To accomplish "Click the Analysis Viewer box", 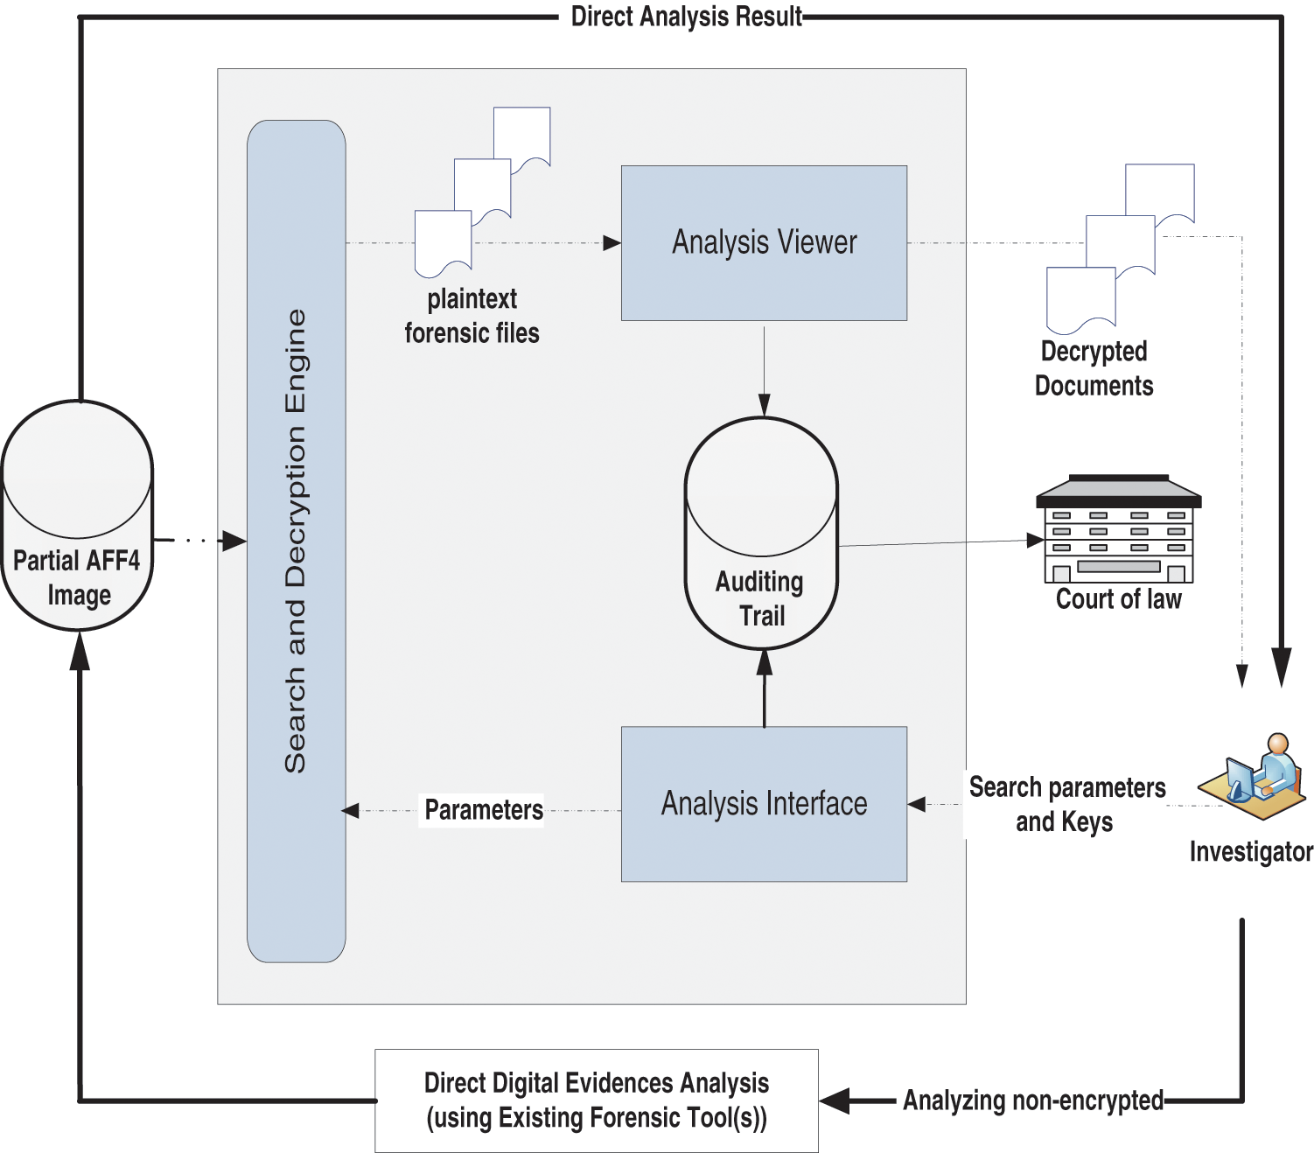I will tap(764, 242).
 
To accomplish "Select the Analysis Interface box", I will tap(764, 803).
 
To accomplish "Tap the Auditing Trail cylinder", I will tap(761, 534).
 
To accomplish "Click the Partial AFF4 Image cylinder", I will tap(78, 515).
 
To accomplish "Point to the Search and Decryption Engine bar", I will tap(297, 541).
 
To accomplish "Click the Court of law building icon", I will tap(1118, 530).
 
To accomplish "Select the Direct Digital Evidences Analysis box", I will tap(597, 1100).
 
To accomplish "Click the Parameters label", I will tap(484, 810).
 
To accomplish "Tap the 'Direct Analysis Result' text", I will tap(687, 17).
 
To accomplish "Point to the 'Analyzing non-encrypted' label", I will tap(1033, 1100).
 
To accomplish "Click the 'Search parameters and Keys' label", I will tap(1066, 804).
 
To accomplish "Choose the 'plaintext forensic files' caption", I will tap(472, 316).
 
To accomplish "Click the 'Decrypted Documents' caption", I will tap(1094, 368).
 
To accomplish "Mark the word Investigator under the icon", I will tap(1251, 851).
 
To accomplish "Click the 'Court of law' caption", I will tap(1118, 599).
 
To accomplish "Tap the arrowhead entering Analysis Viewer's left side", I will tap(612, 243).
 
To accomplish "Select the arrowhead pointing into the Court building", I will tap(1035, 541).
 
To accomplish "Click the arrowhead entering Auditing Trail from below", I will tap(765, 661).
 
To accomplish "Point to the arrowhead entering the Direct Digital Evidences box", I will tap(834, 1101).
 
